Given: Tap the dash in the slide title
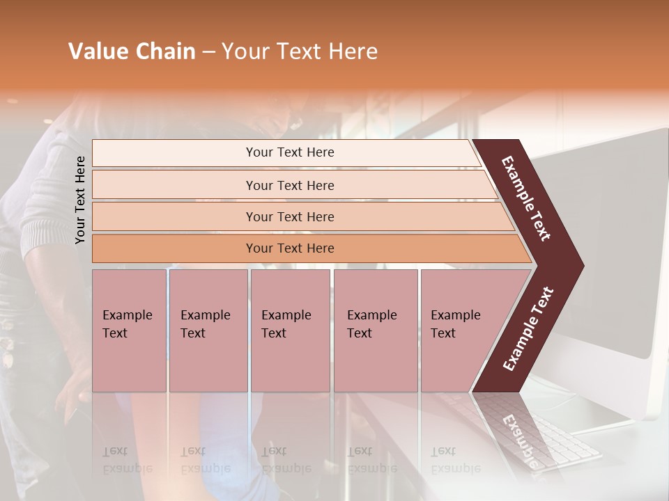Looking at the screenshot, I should pos(208,52).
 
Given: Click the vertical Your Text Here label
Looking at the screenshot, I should pos(80,200).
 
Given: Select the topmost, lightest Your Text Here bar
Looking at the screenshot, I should pos(289,152).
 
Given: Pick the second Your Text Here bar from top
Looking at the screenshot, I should pos(289,185).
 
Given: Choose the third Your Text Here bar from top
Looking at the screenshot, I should pos(289,216).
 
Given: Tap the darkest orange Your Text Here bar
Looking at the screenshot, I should pos(289,248).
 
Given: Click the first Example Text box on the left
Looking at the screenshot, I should pos(129,331).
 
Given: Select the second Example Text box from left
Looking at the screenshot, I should pos(208,331).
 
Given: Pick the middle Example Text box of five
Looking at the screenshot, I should pos(290,331).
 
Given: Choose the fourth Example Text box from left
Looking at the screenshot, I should pos(375,331).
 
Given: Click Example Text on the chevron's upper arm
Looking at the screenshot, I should pos(526,198).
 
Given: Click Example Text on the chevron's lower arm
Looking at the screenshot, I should pos(528,328).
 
